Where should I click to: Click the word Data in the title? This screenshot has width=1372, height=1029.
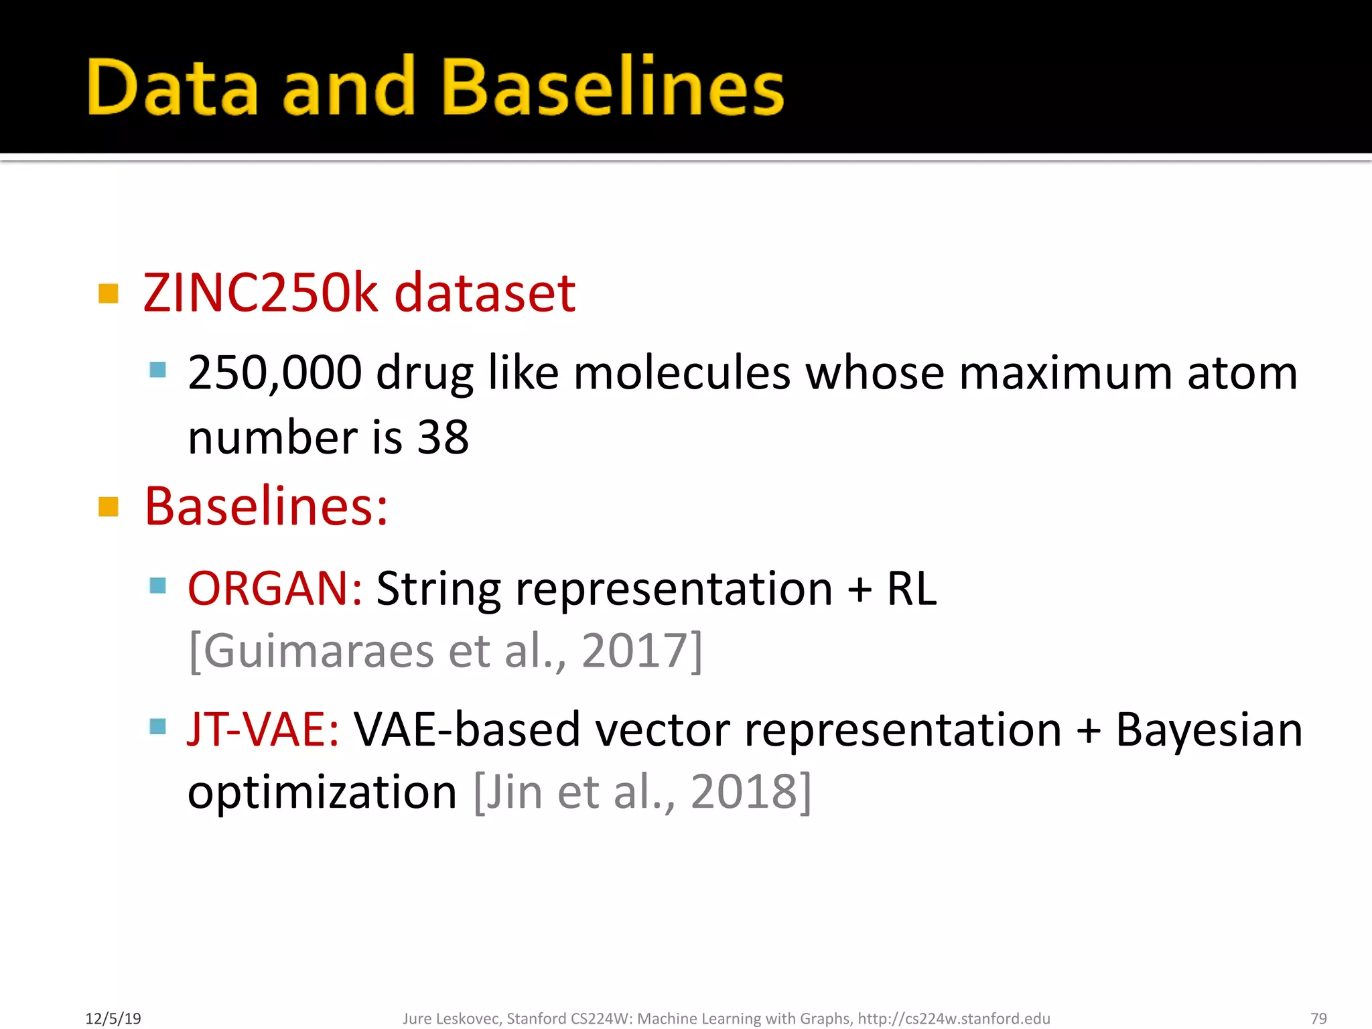pos(172,87)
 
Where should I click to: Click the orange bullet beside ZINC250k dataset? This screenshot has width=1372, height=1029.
pos(109,293)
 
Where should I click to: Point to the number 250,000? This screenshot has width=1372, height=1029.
pos(275,372)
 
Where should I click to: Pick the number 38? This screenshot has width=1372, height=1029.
pos(443,437)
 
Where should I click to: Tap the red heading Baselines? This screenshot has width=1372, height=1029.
pos(266,506)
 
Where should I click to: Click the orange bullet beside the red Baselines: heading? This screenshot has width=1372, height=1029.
pos(109,506)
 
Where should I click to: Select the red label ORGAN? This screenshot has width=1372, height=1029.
pos(275,589)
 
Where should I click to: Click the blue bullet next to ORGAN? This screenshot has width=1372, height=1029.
pos(158,586)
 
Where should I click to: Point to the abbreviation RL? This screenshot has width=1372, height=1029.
pos(911,589)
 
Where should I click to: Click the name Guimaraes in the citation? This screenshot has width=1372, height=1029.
pos(318,650)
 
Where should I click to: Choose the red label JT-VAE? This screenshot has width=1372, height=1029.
pos(263,730)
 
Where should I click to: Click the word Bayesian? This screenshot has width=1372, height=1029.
pos(1209,730)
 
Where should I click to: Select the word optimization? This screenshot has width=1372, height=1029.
pos(322,793)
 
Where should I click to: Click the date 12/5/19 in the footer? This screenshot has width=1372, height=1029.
pos(113,1019)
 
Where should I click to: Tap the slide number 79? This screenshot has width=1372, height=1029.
pos(1318,1019)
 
